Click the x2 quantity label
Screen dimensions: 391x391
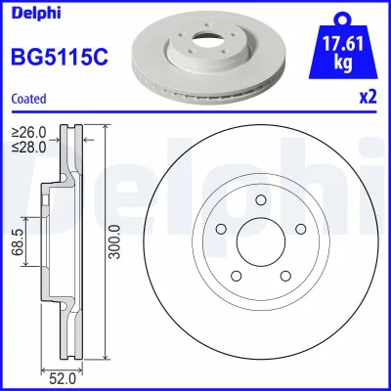pos(367,98)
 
